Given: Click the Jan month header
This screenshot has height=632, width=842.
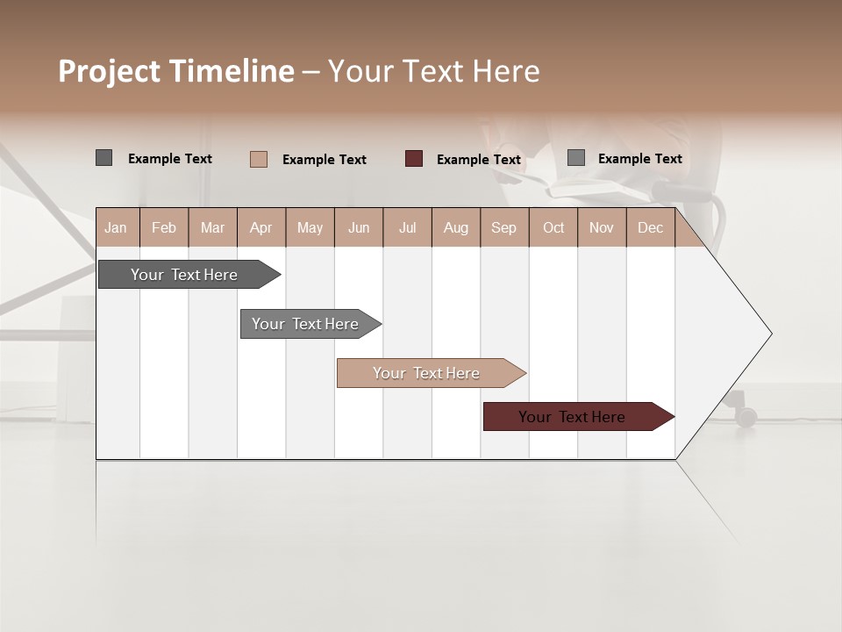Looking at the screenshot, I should (x=116, y=227).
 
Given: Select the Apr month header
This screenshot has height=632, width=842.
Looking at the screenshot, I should (x=261, y=227).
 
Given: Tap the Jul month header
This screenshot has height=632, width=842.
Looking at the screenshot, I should (x=407, y=227).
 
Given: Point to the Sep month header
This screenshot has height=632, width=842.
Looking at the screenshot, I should (x=503, y=227).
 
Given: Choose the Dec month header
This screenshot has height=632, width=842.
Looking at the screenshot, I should (x=650, y=227).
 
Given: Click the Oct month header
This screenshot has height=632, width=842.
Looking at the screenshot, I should (x=553, y=227).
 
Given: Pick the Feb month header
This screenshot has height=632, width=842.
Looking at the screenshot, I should (x=164, y=227).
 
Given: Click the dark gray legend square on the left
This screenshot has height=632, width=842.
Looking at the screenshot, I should (x=103, y=158).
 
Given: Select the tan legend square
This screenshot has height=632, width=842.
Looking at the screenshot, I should (x=258, y=159).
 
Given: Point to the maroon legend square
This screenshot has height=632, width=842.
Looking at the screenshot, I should (x=414, y=159).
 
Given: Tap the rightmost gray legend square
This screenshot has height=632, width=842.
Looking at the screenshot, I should (x=575, y=158).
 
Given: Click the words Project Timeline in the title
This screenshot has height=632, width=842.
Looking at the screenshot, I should (x=175, y=71).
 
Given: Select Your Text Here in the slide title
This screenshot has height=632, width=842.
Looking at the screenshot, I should (x=434, y=71).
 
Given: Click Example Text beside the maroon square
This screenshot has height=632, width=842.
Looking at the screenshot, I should (x=479, y=160).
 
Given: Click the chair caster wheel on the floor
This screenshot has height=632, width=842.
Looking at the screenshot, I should (x=746, y=417).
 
